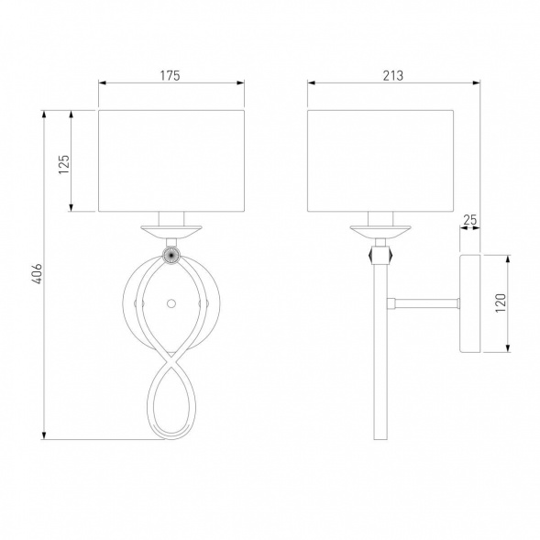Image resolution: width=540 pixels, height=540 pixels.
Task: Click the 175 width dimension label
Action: [x=171, y=75]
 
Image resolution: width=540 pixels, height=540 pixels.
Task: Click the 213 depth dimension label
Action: [x=393, y=75]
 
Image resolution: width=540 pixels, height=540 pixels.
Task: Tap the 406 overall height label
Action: [x=37, y=274]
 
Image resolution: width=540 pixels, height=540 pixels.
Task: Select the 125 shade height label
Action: [x=64, y=164]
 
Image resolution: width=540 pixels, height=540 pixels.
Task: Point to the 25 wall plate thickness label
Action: [x=469, y=219]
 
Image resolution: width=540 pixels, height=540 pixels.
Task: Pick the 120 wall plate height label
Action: [x=501, y=303]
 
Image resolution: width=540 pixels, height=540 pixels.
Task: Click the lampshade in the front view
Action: [x=171, y=160]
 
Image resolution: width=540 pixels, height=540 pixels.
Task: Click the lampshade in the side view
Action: [x=380, y=160]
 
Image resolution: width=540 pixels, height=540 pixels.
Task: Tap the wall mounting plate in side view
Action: [x=470, y=303]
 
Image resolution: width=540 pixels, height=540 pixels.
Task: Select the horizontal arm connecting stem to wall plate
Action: [x=424, y=303]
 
